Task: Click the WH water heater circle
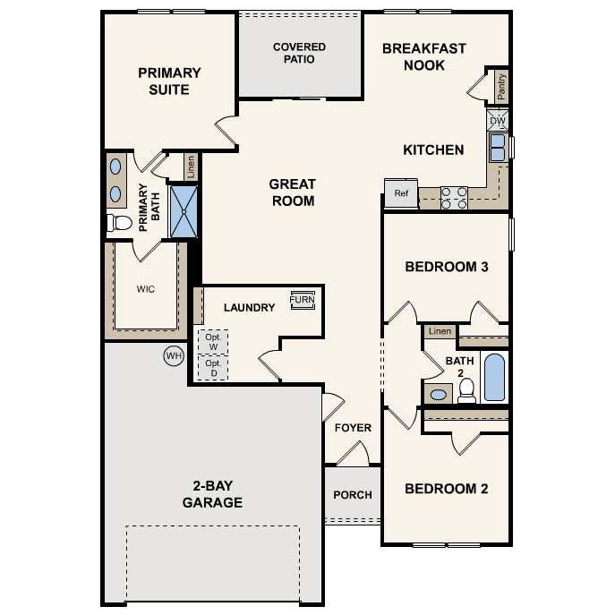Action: click(x=173, y=356)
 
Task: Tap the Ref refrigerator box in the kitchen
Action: click(x=401, y=192)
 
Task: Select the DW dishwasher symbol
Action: click(x=498, y=120)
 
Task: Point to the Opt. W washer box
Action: click(x=213, y=342)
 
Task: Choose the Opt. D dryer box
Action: click(x=213, y=368)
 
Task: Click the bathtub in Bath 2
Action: click(x=494, y=377)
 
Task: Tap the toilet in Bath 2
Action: click(x=466, y=389)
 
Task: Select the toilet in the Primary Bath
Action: click(x=118, y=222)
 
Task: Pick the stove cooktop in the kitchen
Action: click(x=454, y=196)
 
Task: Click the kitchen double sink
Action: click(x=497, y=147)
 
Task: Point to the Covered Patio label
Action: click(x=299, y=53)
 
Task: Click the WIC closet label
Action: click(x=145, y=290)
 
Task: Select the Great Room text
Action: click(x=292, y=192)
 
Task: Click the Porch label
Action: click(x=353, y=495)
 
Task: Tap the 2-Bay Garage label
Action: click(x=212, y=494)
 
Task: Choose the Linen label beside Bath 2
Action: click(x=440, y=331)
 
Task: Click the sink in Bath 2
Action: click(x=439, y=394)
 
